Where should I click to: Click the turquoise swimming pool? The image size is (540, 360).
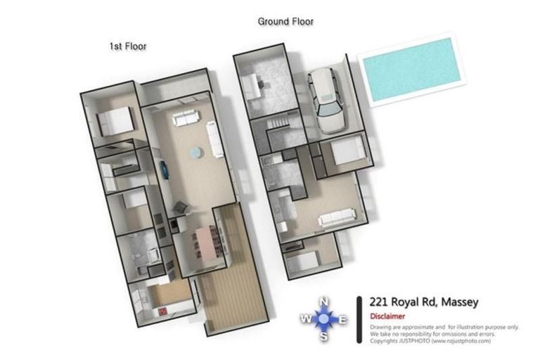tap(408, 69)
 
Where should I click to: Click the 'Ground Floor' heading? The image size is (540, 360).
tap(285, 22)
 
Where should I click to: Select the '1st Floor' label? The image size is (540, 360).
tap(127, 46)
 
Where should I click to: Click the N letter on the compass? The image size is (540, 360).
tap(324, 302)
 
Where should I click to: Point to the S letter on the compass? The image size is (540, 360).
tap(324, 336)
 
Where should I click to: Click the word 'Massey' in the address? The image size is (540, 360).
tap(459, 302)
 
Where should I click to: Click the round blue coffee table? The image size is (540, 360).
tap(193, 152)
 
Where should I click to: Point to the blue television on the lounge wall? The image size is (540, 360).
tap(164, 169)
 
